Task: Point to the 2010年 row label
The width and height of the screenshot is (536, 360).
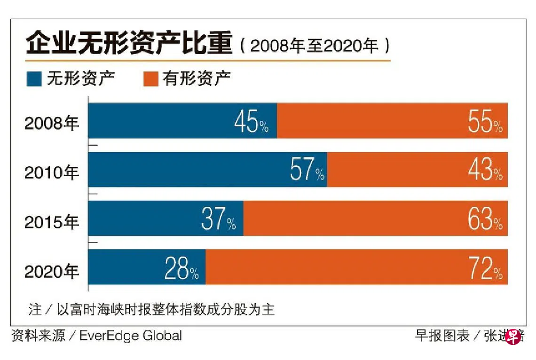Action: pyautogui.click(x=52, y=173)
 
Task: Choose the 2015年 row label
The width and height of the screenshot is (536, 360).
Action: pyautogui.click(x=52, y=222)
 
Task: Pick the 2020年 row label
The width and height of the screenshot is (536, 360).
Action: pyautogui.click(x=52, y=271)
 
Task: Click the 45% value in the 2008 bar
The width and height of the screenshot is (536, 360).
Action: pyautogui.click(x=251, y=123)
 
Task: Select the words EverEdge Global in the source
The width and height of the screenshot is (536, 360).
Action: pyautogui.click(x=130, y=336)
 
